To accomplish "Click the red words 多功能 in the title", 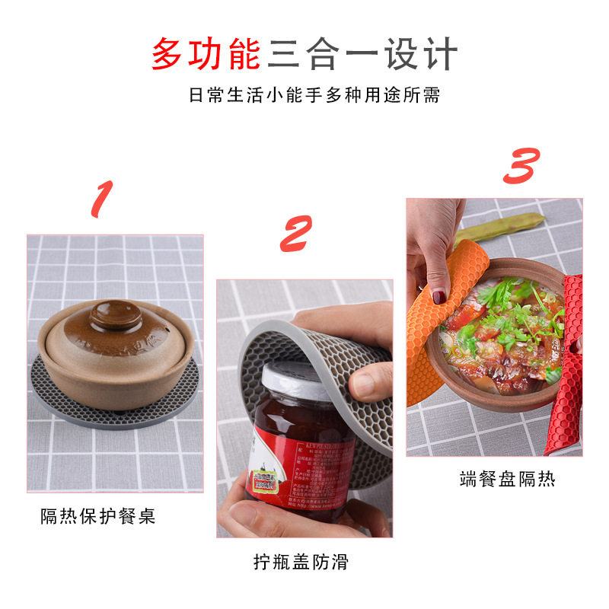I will [x=208, y=54].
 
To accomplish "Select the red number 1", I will [x=102, y=200].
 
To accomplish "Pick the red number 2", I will [x=296, y=234].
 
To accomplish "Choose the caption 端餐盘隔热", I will [x=508, y=479].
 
